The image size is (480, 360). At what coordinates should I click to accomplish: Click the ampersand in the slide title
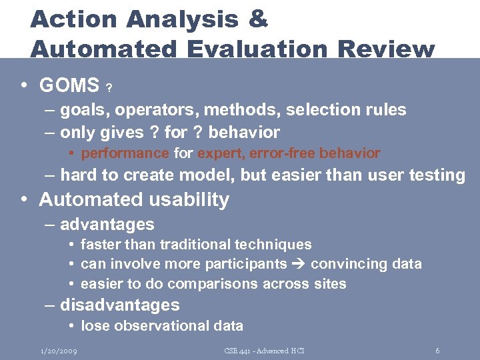point(257,19)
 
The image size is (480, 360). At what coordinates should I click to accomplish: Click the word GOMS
point(69,85)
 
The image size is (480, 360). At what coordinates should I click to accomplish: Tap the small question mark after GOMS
point(109,88)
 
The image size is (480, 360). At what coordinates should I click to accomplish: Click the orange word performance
point(125,153)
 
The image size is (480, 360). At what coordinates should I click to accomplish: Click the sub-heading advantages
point(107,224)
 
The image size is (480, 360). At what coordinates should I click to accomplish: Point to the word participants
point(253,264)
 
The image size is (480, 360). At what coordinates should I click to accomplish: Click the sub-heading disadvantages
point(119,305)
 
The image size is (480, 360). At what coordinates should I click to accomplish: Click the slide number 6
point(437,351)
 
